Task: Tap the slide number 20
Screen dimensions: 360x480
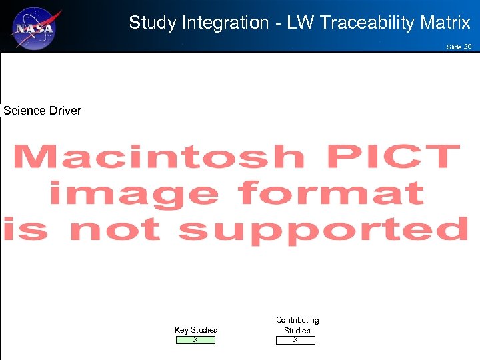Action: click(x=467, y=47)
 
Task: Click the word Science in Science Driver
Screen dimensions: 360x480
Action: click(x=25, y=111)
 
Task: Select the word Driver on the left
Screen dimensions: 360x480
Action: click(x=65, y=111)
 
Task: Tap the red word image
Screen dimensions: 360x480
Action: click(x=133, y=194)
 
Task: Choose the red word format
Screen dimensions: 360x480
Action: click(x=331, y=193)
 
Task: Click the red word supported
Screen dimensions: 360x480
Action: click(x=324, y=230)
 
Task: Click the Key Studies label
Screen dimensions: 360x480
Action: click(x=195, y=330)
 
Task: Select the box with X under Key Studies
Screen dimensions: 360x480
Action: click(x=195, y=340)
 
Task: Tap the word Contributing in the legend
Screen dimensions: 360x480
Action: click(x=297, y=321)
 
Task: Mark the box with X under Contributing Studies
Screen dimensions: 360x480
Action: click(x=295, y=340)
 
